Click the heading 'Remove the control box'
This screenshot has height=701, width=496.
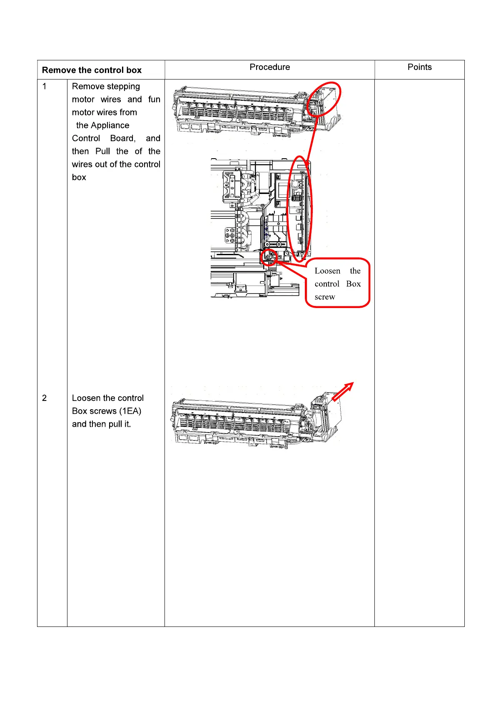point(92,70)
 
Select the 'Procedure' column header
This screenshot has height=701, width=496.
point(269,67)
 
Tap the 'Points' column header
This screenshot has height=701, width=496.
point(419,67)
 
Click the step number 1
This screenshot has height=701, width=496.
point(45,87)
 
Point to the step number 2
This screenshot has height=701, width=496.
point(45,398)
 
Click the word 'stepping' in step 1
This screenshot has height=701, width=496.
point(123,87)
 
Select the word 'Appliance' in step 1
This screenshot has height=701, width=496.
point(110,125)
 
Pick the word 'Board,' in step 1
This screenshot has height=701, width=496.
point(123,138)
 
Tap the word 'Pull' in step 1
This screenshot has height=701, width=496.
point(103,151)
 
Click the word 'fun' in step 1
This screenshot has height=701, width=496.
point(154,99)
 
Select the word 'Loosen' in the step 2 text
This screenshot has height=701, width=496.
point(86,398)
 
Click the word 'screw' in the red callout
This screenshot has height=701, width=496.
point(325,297)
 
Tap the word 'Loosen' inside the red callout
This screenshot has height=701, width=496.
point(327,271)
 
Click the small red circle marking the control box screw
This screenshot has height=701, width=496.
point(269,257)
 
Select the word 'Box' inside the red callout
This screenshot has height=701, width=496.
point(353,284)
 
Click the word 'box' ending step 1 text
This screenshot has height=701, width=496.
point(79,177)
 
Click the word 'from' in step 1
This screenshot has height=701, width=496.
point(128,112)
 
